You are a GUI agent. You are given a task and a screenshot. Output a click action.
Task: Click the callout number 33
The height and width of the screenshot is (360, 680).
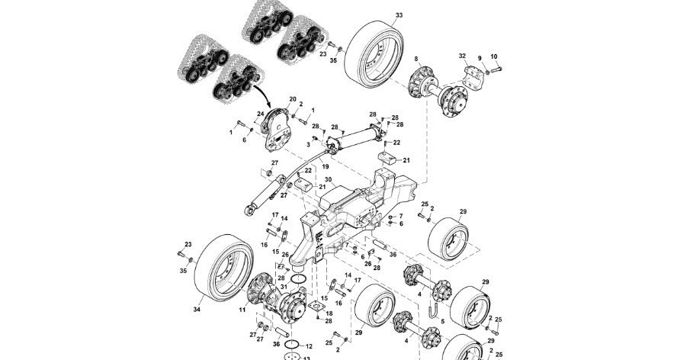click(399, 16)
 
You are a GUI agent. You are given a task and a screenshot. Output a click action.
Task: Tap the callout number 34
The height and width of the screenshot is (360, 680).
click(197, 310)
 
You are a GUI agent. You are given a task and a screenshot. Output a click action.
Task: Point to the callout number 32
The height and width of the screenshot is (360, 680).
click(462, 56)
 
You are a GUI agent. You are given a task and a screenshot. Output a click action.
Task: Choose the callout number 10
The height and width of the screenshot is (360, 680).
click(493, 56)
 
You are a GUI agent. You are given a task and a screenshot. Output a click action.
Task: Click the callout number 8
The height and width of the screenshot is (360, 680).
click(416, 59)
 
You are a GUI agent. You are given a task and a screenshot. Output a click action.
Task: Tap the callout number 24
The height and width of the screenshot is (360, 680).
click(260, 114)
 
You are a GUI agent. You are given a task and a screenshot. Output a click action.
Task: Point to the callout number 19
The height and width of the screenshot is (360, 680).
click(325, 166)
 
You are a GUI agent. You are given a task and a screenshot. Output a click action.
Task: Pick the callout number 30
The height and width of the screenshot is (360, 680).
click(308, 180)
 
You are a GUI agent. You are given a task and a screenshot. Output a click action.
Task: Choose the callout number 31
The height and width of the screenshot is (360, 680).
click(283, 287)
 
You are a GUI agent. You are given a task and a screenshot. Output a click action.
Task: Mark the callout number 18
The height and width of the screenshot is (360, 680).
click(329, 314)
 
